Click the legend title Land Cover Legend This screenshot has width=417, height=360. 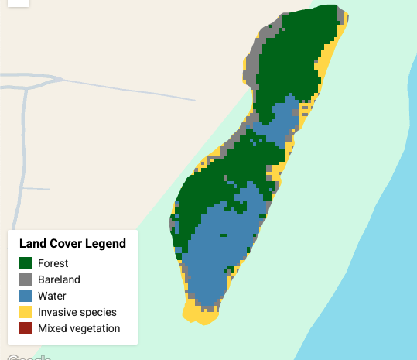(73, 244)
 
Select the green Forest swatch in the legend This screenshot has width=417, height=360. (26, 263)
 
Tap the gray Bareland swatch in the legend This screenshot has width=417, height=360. (26, 279)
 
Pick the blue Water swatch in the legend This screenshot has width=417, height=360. (26, 296)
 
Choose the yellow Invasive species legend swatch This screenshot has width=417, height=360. (26, 312)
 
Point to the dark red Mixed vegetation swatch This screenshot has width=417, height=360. (26, 328)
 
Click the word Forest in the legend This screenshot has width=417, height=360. (53, 263)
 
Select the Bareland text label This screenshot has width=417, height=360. (59, 279)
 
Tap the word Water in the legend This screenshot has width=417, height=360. (52, 296)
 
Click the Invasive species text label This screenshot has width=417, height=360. (77, 312)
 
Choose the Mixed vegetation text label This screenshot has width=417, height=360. (79, 328)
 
